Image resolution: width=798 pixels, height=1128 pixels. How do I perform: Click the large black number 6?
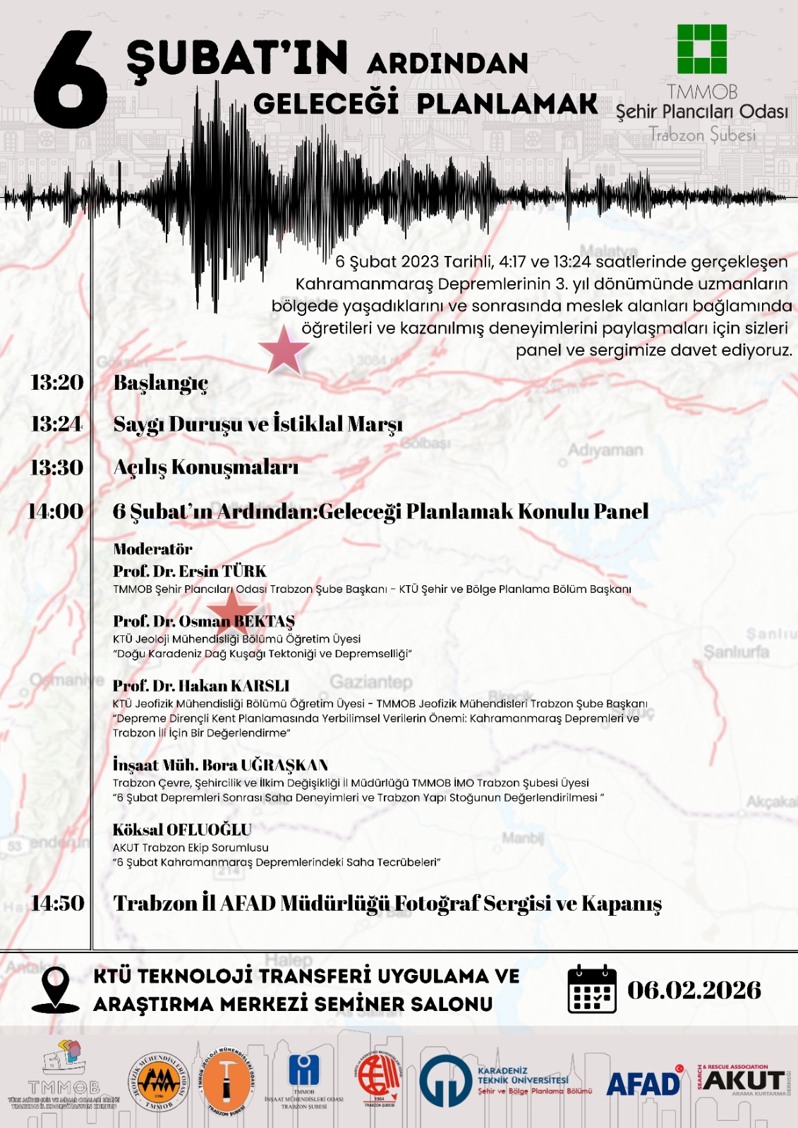[x=71, y=81]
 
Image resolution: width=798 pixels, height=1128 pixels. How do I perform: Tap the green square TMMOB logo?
[x=702, y=49]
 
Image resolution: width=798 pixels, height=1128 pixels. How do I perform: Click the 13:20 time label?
[x=57, y=382]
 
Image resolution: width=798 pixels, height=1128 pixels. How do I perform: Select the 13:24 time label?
[x=57, y=424]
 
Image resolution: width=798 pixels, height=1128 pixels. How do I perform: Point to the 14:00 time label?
[x=56, y=511]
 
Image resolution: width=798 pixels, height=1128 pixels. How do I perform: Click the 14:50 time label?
[x=58, y=903]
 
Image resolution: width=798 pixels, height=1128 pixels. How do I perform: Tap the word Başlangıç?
[x=161, y=383]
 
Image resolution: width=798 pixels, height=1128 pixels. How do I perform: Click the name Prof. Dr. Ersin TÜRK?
[x=190, y=571]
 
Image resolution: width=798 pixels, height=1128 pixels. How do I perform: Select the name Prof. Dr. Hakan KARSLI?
[x=201, y=685]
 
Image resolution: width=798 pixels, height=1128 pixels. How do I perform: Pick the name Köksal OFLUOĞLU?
[x=182, y=830]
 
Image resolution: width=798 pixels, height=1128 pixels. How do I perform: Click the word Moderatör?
[x=152, y=549]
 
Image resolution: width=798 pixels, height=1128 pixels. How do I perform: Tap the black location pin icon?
[x=56, y=988]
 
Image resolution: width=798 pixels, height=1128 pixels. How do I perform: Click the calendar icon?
[x=592, y=988]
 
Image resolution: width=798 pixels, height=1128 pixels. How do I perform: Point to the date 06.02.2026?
[x=694, y=990]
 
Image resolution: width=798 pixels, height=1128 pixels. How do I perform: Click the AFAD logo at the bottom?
[x=644, y=1083]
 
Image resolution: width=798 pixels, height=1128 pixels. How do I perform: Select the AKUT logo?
[x=743, y=1081]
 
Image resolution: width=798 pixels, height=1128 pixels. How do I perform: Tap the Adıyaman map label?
[x=605, y=450]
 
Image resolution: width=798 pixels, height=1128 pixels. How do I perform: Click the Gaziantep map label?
[x=371, y=682]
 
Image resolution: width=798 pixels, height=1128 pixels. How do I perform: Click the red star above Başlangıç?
[x=284, y=349]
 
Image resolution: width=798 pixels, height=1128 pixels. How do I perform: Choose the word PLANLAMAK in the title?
[x=507, y=104]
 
